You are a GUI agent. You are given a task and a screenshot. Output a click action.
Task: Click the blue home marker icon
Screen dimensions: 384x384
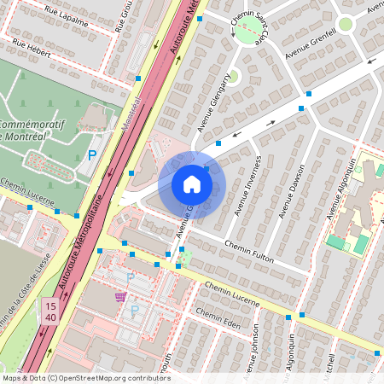pos(192,184)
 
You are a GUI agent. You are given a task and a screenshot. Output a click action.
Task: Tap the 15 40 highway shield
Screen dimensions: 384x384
pos(50,311)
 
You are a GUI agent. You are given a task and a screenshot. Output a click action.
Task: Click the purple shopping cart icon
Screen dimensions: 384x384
pos(121,297)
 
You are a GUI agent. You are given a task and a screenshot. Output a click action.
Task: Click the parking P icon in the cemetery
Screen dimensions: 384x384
pos(92,155)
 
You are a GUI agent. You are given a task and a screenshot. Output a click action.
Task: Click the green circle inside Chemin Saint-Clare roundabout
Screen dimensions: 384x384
pos(247,34)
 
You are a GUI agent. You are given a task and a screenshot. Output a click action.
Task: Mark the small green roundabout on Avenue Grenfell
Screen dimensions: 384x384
pos(346,24)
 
